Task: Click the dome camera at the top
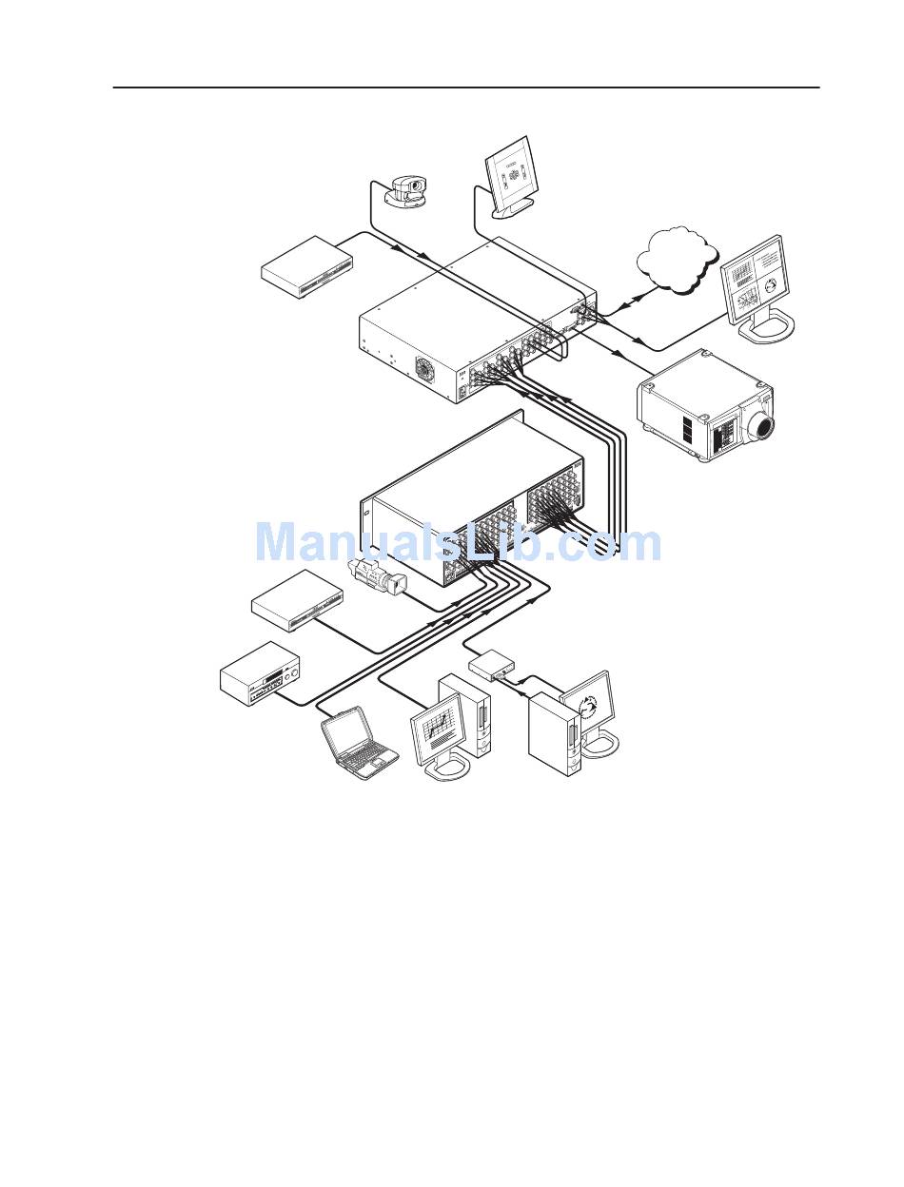click(x=407, y=188)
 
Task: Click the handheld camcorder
click(x=377, y=575)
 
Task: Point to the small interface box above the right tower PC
click(x=492, y=664)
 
